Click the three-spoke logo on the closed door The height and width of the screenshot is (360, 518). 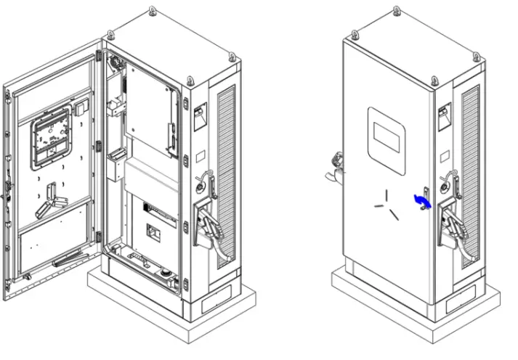[386, 204]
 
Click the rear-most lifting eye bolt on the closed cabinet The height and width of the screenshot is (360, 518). [396, 10]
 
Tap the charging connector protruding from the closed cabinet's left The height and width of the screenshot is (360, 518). [335, 165]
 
